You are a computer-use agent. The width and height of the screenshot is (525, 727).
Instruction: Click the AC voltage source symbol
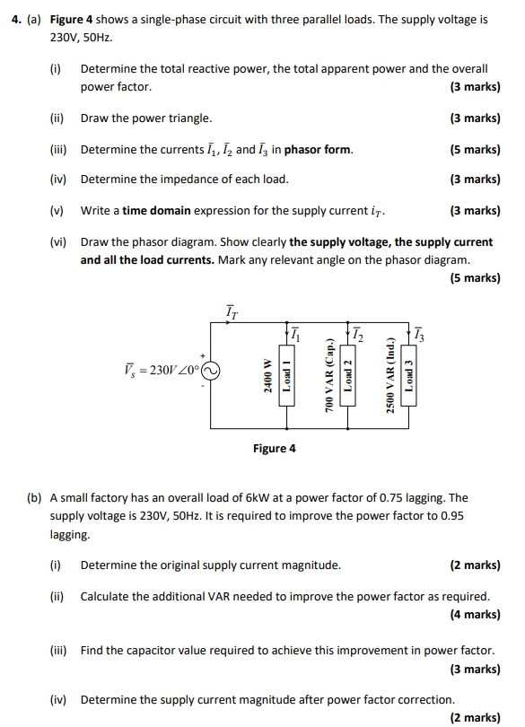click(x=210, y=370)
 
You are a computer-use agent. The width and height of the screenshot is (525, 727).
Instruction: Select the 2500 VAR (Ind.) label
click(x=389, y=377)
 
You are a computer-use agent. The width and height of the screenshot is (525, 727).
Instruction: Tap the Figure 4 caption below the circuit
click(x=274, y=448)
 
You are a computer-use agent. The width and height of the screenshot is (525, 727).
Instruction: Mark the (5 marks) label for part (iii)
click(x=475, y=149)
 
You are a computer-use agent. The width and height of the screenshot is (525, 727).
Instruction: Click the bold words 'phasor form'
click(x=319, y=149)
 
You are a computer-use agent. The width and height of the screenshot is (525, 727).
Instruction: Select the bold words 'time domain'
click(x=153, y=210)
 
